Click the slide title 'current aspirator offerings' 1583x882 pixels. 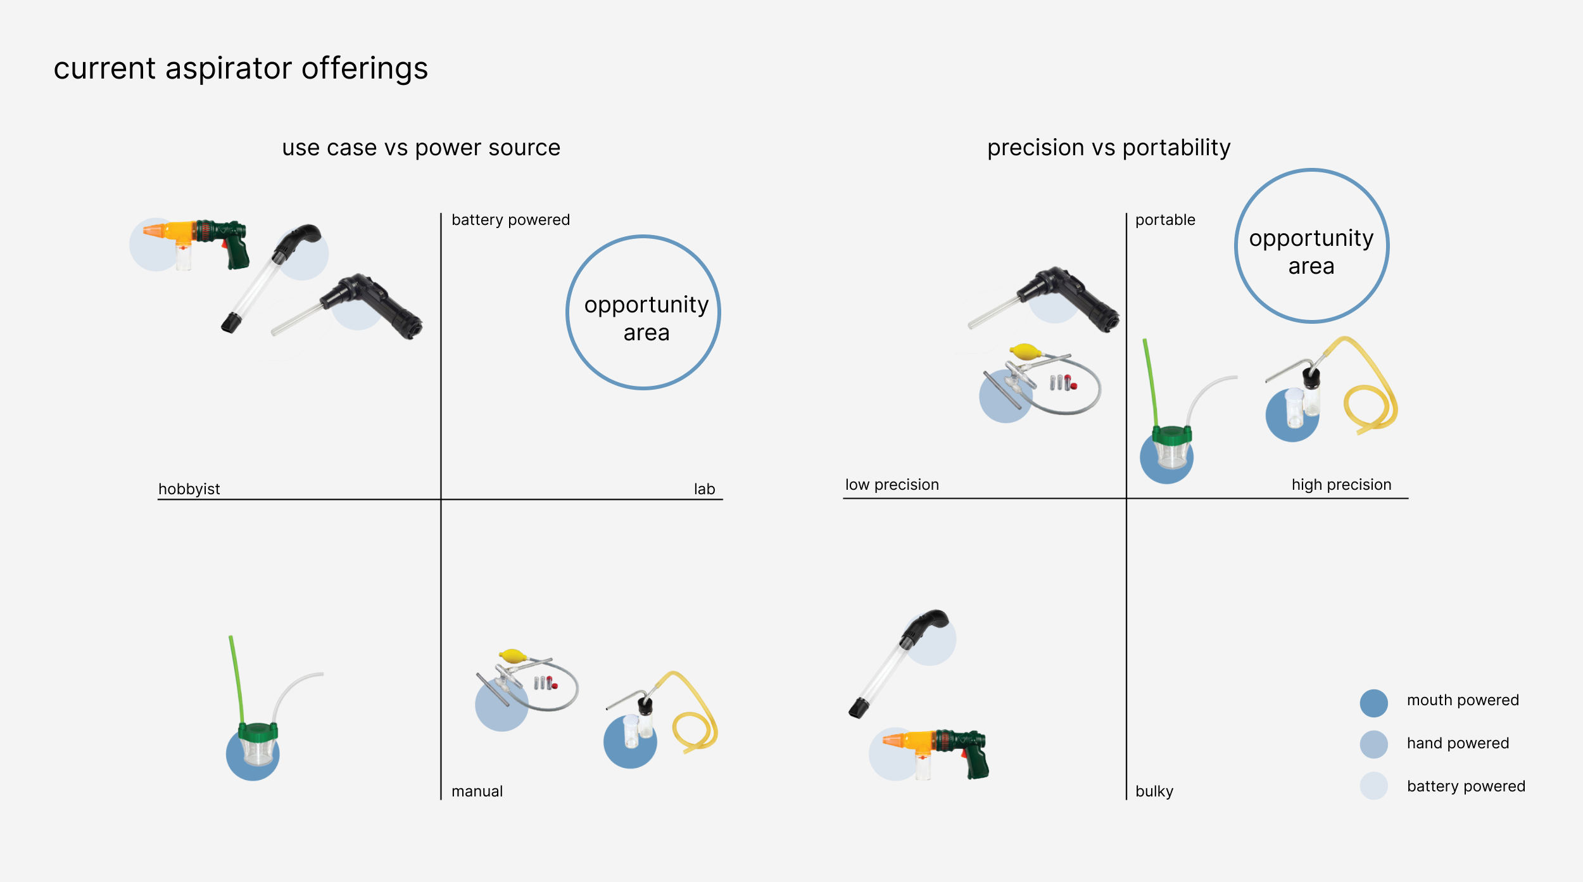pyautogui.click(x=241, y=68)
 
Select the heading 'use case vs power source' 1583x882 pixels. pyautogui.click(x=421, y=148)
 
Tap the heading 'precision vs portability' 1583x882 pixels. pyautogui.click(x=1109, y=148)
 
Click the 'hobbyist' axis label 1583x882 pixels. pyautogui.click(x=189, y=489)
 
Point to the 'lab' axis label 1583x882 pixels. pyautogui.click(x=704, y=489)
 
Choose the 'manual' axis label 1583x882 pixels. pyautogui.click(x=477, y=791)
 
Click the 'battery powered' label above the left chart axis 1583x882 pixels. pyautogui.click(x=510, y=220)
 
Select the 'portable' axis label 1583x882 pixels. pyautogui.click(x=1165, y=220)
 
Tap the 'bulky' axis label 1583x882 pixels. pyautogui.click(x=1154, y=791)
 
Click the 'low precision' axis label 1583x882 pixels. pyautogui.click(x=892, y=485)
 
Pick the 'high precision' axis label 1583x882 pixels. pyautogui.click(x=1342, y=485)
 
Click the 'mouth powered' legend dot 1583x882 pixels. pyautogui.click(x=1374, y=703)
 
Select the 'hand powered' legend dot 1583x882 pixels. pyautogui.click(x=1374, y=745)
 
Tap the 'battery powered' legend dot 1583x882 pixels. pyautogui.click(x=1374, y=786)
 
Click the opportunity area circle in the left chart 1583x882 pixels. pyautogui.click(x=568, y=312)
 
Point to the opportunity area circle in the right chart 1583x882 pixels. pyautogui.click(x=1237, y=246)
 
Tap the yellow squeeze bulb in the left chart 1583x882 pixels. pyautogui.click(x=512, y=656)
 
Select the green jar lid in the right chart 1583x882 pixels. pyautogui.click(x=1171, y=435)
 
